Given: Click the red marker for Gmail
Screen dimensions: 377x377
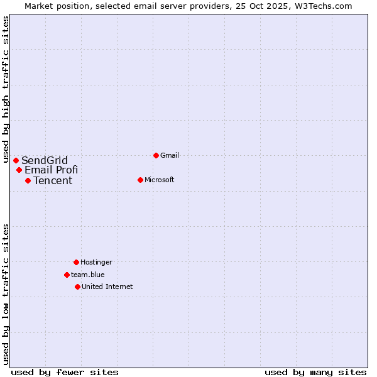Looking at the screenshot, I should [156, 155].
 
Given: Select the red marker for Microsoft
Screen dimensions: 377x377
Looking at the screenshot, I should [141, 180].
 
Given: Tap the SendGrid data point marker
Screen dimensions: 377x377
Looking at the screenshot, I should [16, 160].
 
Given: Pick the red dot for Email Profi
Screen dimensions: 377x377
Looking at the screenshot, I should [19, 170].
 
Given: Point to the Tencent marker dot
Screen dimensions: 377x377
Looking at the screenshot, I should [28, 180].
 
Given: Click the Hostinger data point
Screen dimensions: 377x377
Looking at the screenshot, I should [77, 262].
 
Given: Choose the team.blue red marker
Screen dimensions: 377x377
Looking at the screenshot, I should [67, 275].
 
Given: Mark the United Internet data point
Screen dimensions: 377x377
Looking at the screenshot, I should [78, 287].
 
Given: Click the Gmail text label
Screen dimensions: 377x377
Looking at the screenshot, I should [170, 155].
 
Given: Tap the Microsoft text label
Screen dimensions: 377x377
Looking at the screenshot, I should [160, 180].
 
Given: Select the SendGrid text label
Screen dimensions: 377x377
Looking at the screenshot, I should [45, 160].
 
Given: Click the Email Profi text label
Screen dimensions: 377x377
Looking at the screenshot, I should [52, 170].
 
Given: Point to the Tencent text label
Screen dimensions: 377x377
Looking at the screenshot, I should [53, 180].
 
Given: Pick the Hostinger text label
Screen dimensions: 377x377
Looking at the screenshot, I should [96, 262].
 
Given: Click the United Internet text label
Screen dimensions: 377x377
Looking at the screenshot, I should [107, 287].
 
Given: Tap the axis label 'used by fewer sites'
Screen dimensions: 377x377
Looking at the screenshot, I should [65, 373].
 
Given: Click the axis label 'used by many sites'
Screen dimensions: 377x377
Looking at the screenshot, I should [315, 373].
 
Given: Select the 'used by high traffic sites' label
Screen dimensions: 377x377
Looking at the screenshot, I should [6, 89].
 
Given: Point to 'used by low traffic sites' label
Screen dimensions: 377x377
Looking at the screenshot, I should [6, 294].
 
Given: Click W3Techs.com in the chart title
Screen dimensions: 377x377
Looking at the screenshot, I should [324, 6].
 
